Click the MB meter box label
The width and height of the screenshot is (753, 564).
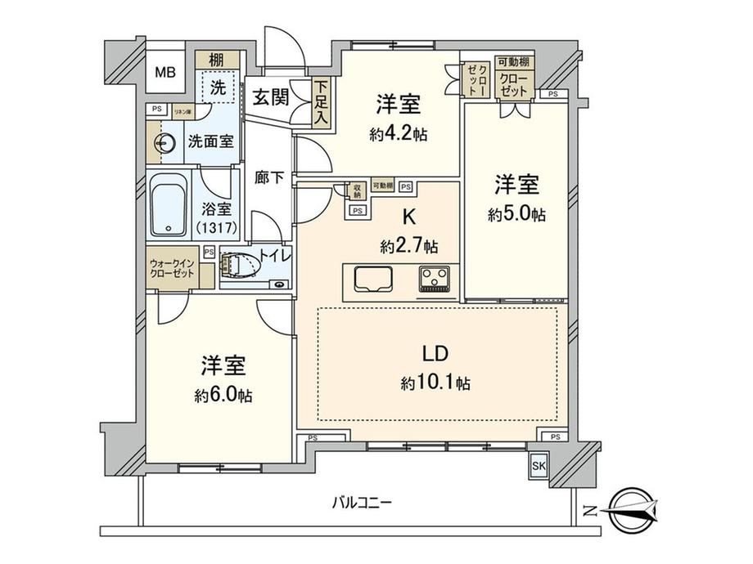pos(165,73)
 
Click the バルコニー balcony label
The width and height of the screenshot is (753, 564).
pos(354,502)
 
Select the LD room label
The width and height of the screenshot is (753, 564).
pos(434,354)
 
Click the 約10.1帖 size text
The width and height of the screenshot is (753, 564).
pos(435,383)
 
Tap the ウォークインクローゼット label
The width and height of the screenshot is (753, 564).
pos(172,269)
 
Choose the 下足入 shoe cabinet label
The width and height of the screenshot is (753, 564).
pos(321,103)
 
